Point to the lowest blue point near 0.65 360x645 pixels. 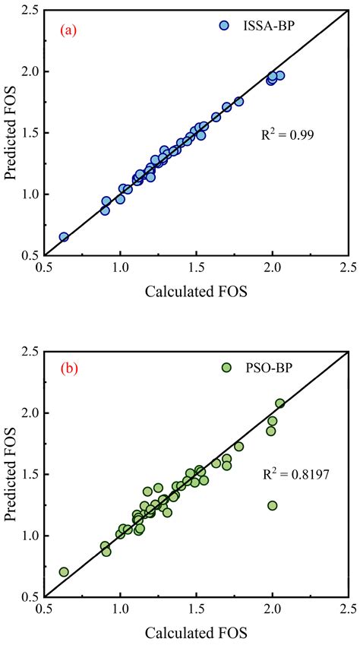(x=64, y=237)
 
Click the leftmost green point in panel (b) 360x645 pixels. (x=64, y=571)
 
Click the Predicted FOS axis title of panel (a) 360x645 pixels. (x=13, y=133)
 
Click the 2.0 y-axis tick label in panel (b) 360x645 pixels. (x=29, y=413)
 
